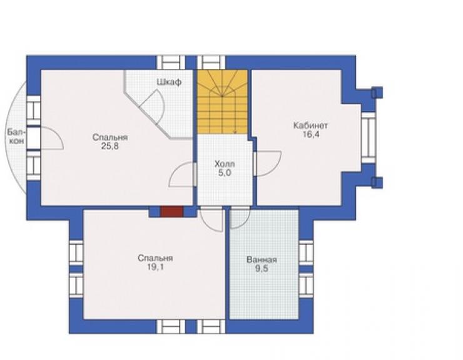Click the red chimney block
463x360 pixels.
pyautogui.click(x=171, y=212)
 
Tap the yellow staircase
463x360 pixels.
pyautogui.click(x=222, y=101)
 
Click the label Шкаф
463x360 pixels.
pyautogui.click(x=169, y=82)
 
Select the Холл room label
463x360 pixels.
pyautogui.click(x=225, y=164)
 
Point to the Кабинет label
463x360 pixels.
pyautogui.click(x=310, y=126)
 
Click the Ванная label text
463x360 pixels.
pyautogui.click(x=262, y=260)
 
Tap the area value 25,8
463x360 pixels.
pyautogui.click(x=110, y=146)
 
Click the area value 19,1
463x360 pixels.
pyautogui.click(x=155, y=267)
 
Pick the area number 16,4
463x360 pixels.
pyautogui.click(x=310, y=135)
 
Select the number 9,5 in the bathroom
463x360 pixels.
pyautogui.click(x=262, y=269)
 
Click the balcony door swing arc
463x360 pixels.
pyautogui.click(x=56, y=133)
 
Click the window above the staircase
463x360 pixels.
pyautogui.click(x=211, y=63)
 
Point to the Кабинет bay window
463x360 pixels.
pyautogui.click(x=369, y=138)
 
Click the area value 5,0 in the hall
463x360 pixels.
pyautogui.click(x=225, y=173)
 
